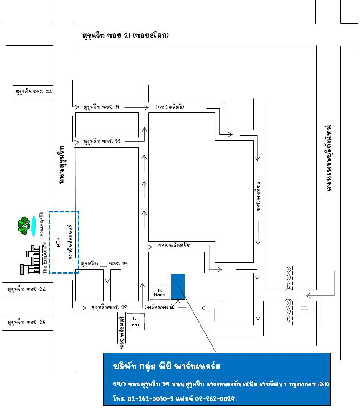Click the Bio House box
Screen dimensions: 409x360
tap(160, 292)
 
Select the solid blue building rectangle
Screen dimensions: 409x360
tap(178, 286)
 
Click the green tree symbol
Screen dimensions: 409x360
tap(23, 225)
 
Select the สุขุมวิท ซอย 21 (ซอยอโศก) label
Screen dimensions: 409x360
tap(125, 36)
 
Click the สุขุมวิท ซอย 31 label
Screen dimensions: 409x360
tap(101, 107)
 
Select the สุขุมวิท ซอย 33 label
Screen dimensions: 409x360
tap(101, 140)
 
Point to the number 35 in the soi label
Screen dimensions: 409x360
tap(124, 264)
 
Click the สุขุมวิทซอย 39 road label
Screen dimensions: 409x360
tap(110, 307)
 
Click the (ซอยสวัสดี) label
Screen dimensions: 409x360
tap(170, 107)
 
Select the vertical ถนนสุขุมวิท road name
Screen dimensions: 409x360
tap(61, 165)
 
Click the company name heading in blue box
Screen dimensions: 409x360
tap(167, 367)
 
